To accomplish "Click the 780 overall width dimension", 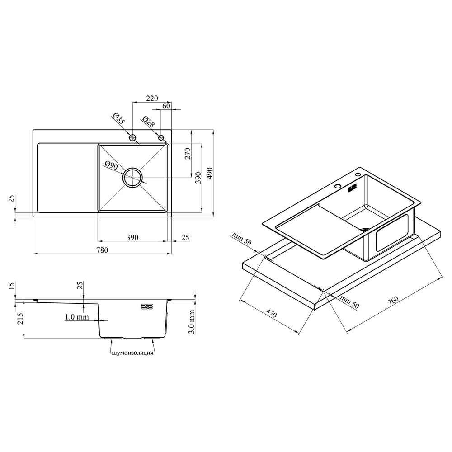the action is tap(102, 250).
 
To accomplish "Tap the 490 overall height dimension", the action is tap(210, 173).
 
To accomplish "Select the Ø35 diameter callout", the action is tap(118, 119).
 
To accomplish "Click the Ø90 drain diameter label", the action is tap(111, 165).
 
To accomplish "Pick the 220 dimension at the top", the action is tap(152, 98).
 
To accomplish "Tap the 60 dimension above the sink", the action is tap(166, 106).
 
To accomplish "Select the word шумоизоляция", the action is tap(132, 353).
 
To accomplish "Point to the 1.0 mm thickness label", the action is tap(77, 317).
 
